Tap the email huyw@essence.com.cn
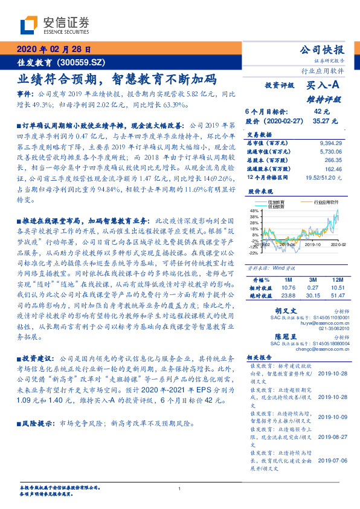(329, 324)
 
